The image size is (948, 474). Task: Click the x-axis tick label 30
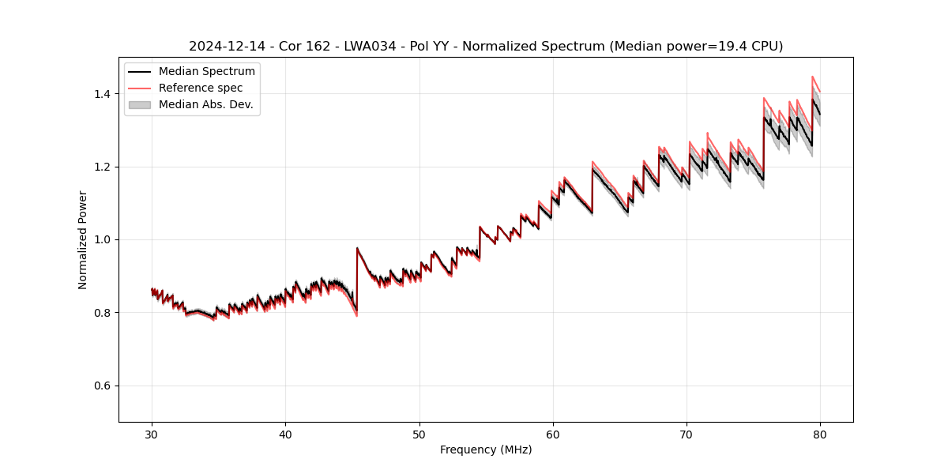(x=152, y=434)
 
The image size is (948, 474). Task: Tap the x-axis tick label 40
(x=285, y=434)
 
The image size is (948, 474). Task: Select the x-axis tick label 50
(x=419, y=434)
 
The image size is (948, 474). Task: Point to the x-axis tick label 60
(x=553, y=434)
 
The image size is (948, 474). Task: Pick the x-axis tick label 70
(x=687, y=434)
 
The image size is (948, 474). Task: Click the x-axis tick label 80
(x=820, y=434)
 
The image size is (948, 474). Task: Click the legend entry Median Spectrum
(x=206, y=72)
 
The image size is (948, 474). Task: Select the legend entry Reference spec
(x=201, y=88)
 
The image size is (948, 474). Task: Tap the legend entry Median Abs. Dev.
(x=205, y=105)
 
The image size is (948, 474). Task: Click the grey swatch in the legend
(x=139, y=105)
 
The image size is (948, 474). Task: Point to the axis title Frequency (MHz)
(x=486, y=450)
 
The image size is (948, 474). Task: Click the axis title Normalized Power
(x=83, y=239)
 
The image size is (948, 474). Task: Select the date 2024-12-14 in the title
(x=223, y=47)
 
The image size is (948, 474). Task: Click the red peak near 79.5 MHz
(x=813, y=77)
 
